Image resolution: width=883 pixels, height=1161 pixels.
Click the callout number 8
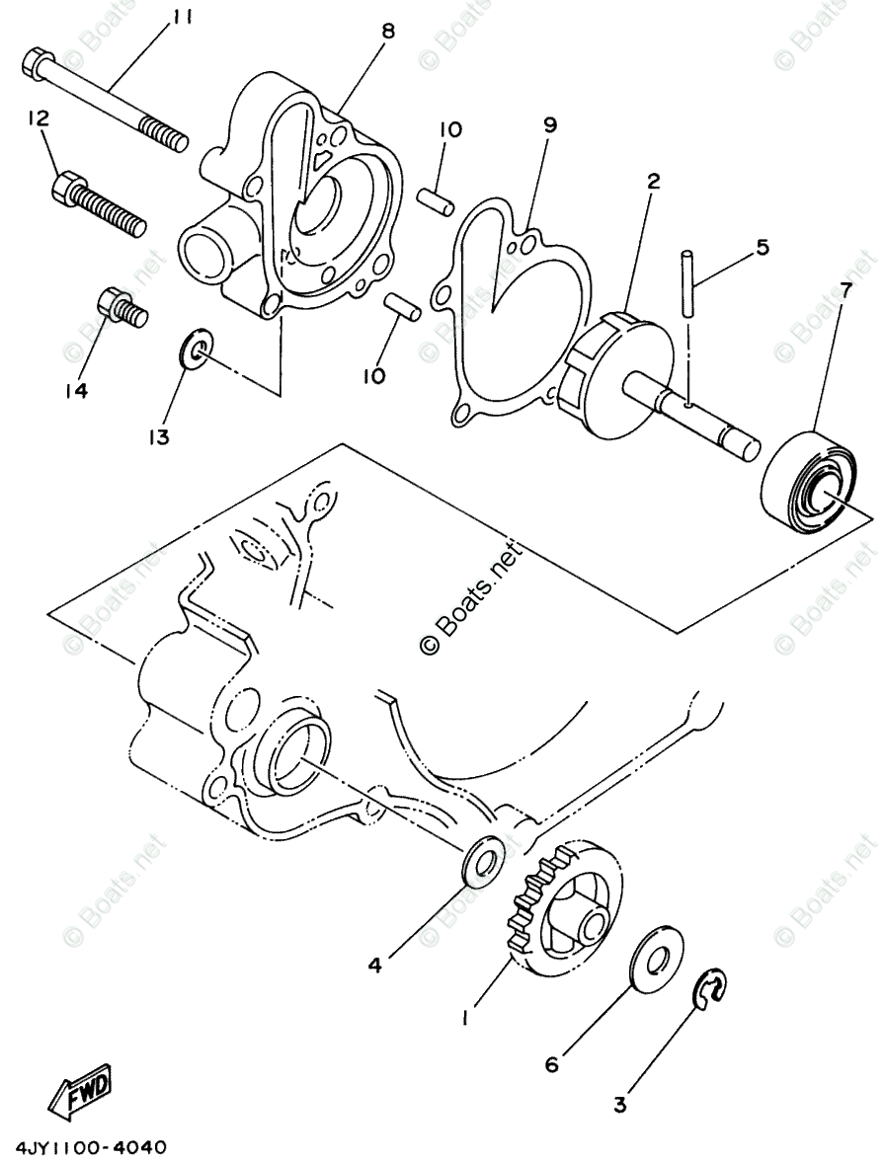(x=387, y=32)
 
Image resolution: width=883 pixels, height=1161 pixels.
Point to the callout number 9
(x=550, y=125)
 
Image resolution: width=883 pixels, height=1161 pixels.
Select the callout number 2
(x=653, y=182)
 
